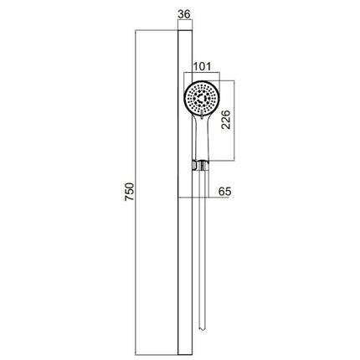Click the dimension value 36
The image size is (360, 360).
[184, 14]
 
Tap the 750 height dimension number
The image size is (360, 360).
[130, 192]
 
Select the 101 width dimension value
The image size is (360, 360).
[202, 67]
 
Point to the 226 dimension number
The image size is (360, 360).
[226, 120]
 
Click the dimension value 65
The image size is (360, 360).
[224, 192]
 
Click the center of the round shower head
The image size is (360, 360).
[202, 98]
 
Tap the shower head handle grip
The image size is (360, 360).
[202, 136]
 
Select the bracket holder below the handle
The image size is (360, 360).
[200, 166]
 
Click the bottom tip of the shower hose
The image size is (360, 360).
[202, 330]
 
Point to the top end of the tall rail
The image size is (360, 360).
[185, 29]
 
